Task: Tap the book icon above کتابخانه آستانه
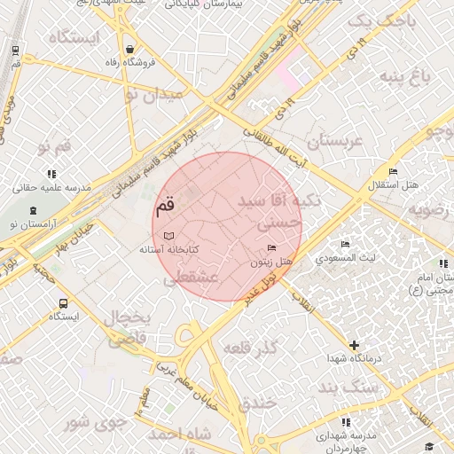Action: [168, 236]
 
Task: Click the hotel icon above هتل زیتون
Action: [270, 248]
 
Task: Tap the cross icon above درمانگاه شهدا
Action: [354, 344]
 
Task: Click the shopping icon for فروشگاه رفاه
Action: [130, 49]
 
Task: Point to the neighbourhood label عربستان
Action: [334, 141]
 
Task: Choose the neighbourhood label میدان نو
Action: [153, 94]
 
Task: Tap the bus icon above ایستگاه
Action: [62, 302]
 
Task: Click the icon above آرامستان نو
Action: [34, 210]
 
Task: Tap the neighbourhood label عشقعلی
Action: [191, 278]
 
